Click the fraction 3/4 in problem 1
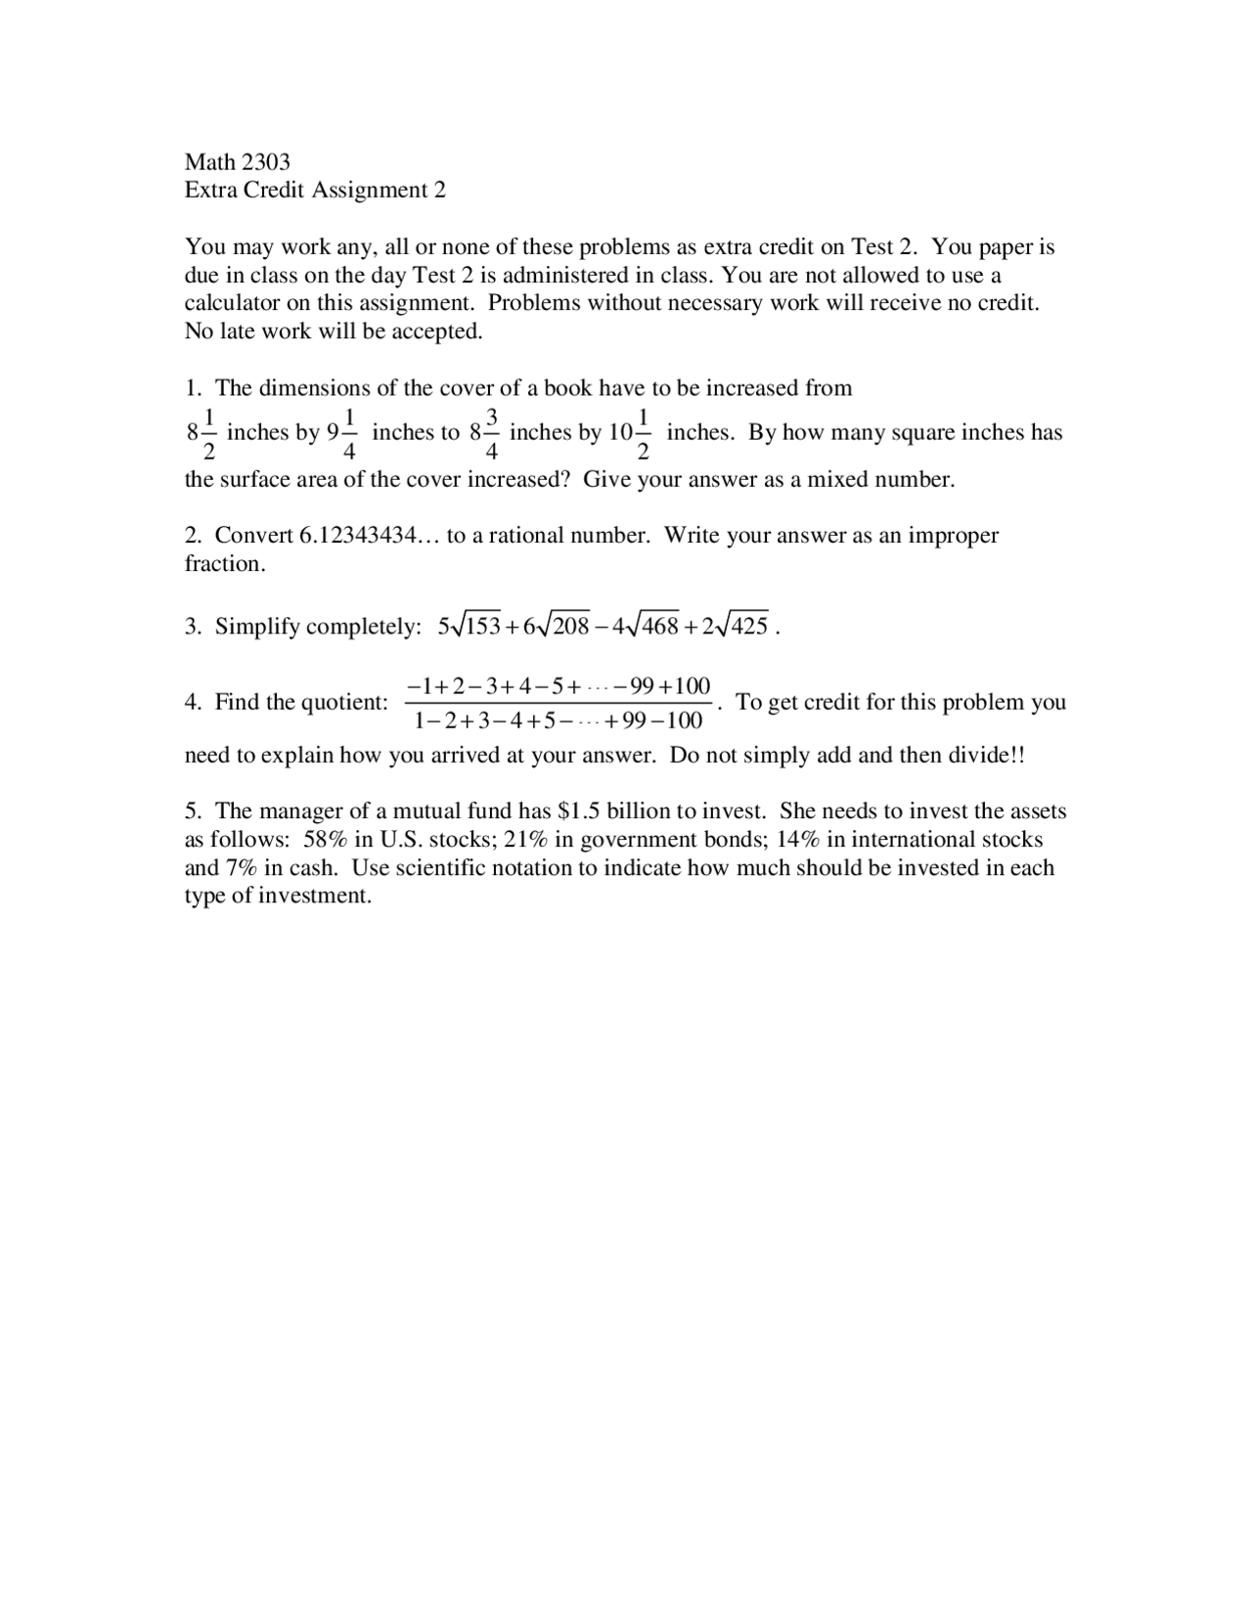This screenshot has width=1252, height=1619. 492,433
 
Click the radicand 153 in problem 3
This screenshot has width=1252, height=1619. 481,627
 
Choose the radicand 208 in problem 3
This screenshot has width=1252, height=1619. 570,627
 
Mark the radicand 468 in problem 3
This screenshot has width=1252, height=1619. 659,627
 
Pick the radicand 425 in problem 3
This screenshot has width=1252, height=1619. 749,627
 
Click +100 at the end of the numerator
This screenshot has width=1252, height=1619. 686,685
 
